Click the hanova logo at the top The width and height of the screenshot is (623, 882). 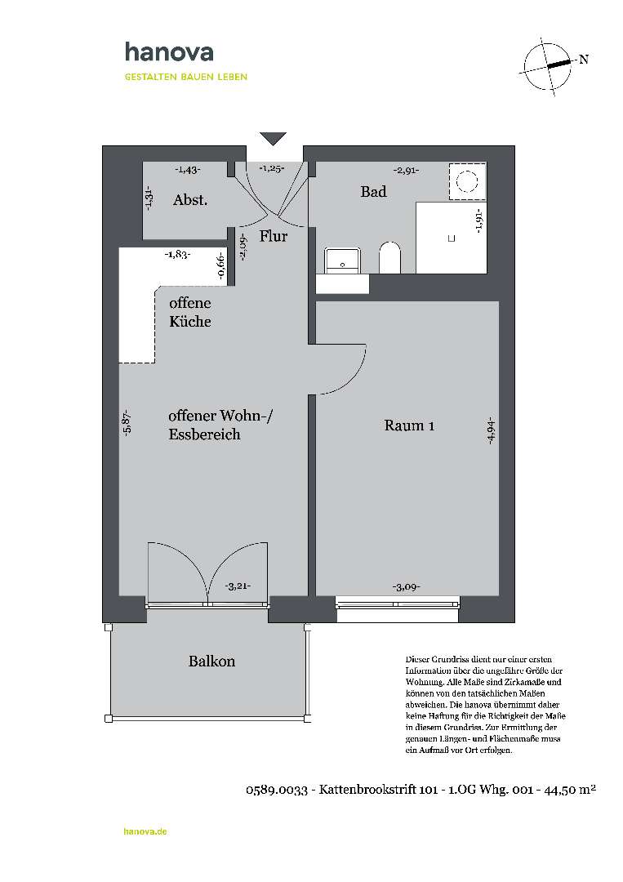point(169,53)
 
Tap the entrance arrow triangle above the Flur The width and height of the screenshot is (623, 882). point(273,138)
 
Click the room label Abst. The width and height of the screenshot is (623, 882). point(190,200)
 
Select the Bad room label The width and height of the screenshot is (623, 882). point(373,192)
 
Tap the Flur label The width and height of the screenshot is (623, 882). point(274,237)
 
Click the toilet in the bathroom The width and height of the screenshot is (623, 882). point(390,258)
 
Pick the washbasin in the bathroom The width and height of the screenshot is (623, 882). point(341,260)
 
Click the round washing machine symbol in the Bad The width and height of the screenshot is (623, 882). point(468,181)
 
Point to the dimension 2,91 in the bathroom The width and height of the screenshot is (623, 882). point(406,171)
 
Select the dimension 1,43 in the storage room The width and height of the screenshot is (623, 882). point(188,170)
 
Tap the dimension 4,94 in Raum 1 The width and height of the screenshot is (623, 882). point(491,430)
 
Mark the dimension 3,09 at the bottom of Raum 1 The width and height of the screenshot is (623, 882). point(406,586)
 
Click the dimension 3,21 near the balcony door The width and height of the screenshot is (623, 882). point(237,586)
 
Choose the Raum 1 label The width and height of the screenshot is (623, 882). point(409,425)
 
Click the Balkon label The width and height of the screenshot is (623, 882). point(211,661)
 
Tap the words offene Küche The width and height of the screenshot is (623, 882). point(189,312)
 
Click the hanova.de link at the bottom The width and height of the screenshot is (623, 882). point(145,831)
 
